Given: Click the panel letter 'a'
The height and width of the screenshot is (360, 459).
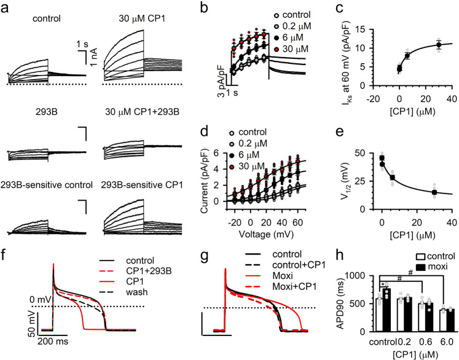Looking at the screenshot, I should [6, 6].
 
